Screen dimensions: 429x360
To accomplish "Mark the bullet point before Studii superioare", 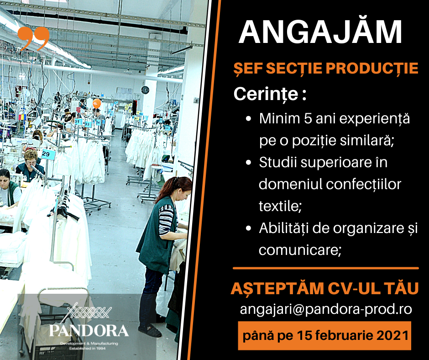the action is (248, 163).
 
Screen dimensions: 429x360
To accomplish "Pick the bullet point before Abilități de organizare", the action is (248, 228).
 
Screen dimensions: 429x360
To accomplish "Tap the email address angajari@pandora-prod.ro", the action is (326, 309).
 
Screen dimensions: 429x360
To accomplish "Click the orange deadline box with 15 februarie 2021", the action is (324, 336).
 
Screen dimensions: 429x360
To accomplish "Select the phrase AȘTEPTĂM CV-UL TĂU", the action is (325, 288).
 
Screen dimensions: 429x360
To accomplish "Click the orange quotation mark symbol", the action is (33, 38).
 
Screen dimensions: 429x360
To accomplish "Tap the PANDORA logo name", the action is (89, 331).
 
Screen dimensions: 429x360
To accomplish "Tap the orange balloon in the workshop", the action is (97, 104).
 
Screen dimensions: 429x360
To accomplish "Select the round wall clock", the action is (145, 90).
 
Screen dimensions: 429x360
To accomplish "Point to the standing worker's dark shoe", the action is (150, 330).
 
